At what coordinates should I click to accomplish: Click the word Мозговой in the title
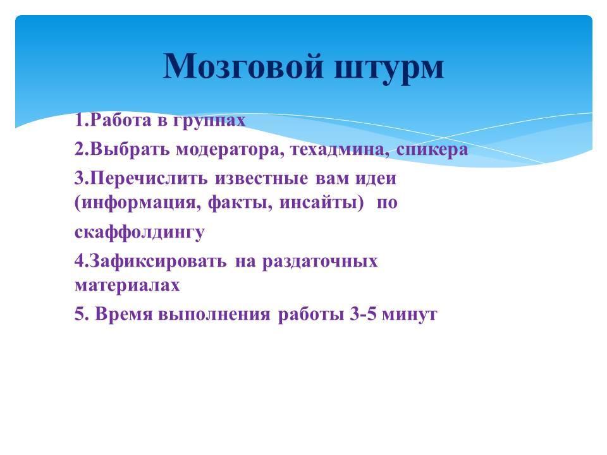point(243,65)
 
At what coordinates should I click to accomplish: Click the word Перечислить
point(149,178)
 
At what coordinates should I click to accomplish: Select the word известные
point(262,178)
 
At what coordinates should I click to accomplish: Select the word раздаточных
point(320,262)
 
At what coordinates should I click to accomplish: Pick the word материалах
point(127,286)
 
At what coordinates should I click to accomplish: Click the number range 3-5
point(363,314)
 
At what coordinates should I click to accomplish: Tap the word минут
point(410,315)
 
